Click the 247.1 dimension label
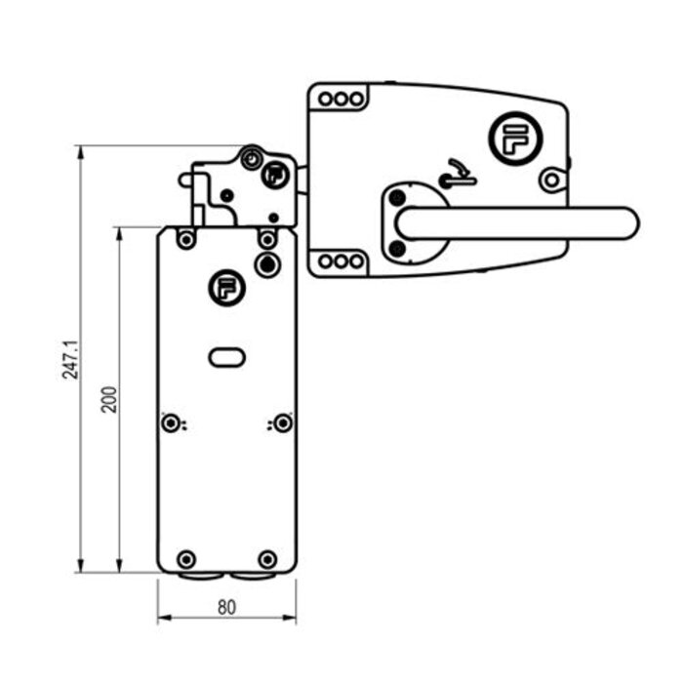coord(68,359)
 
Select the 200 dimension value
coord(109,399)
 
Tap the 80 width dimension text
coord(226,607)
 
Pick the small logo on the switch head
coord(275,176)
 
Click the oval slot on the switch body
coord(226,357)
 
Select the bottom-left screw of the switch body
coord(185,558)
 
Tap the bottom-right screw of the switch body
coord(266,558)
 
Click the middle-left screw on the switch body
coord(172,422)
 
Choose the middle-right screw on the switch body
coord(282,422)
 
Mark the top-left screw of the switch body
coord(185,237)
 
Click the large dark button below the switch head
coord(265,263)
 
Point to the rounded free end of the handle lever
coord(624,222)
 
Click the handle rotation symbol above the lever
coord(454,174)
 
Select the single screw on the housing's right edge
coord(551,180)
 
